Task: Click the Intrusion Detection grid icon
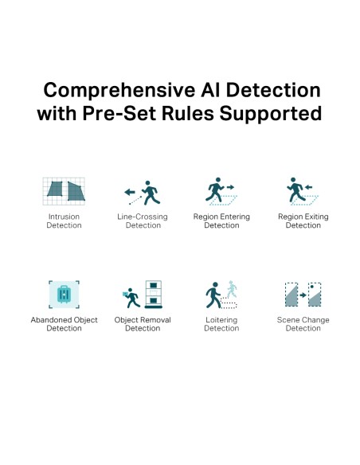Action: (64, 191)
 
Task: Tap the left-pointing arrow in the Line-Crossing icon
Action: (130, 192)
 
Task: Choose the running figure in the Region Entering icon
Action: (216, 190)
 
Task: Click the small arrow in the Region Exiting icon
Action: (308, 187)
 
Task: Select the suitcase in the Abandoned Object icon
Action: (64, 294)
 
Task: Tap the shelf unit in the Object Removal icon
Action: (153, 294)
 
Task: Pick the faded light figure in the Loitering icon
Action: (232, 289)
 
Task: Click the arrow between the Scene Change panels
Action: (303, 295)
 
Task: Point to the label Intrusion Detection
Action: (64, 221)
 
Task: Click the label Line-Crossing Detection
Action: (143, 221)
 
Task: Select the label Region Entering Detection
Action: (221, 221)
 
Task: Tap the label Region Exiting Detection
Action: (303, 221)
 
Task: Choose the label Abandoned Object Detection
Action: (64, 324)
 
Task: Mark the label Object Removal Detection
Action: (143, 324)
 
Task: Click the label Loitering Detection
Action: (221, 324)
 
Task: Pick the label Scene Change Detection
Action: (303, 324)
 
